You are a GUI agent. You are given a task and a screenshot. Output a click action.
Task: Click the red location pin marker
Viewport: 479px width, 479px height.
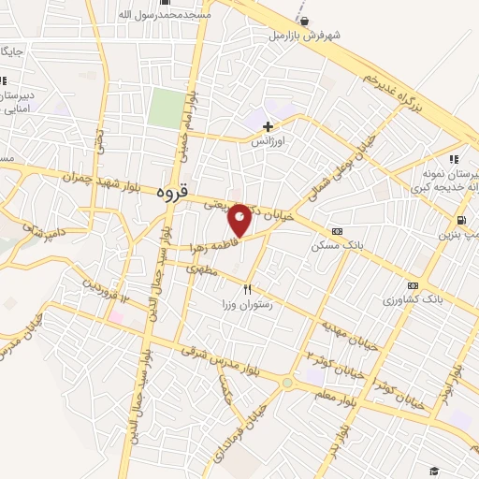click(239, 220)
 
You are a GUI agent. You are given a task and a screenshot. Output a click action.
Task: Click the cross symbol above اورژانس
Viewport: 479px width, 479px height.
click(269, 125)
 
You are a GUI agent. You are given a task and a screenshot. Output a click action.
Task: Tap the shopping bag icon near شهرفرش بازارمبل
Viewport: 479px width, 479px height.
click(301, 18)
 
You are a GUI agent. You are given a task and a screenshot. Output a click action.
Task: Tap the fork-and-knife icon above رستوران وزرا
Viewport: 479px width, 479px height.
click(248, 289)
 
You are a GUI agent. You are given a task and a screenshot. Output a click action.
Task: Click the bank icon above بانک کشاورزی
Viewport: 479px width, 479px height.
click(414, 285)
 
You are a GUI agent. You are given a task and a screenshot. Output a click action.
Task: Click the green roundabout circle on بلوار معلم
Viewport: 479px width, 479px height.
click(287, 382)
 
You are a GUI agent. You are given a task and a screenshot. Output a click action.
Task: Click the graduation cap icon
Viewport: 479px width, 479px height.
click(433, 471)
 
